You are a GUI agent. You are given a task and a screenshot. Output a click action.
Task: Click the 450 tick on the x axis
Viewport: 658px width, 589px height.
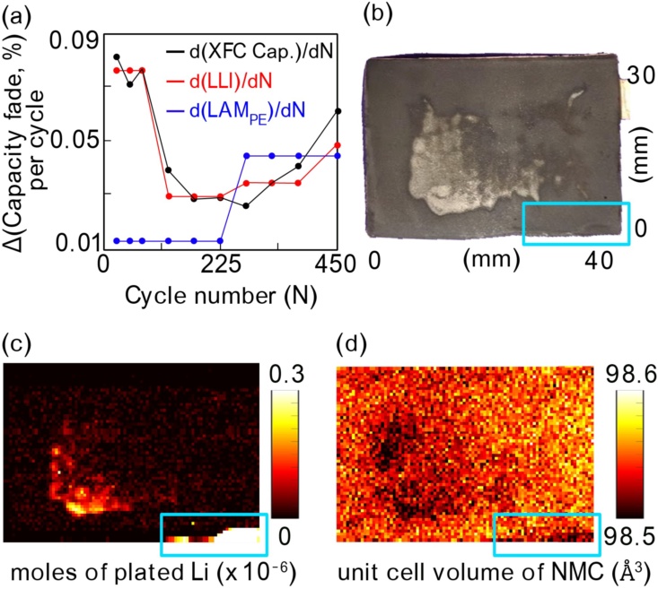[337, 266]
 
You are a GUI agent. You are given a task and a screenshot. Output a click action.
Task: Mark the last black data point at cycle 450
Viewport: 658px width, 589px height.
[337, 111]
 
